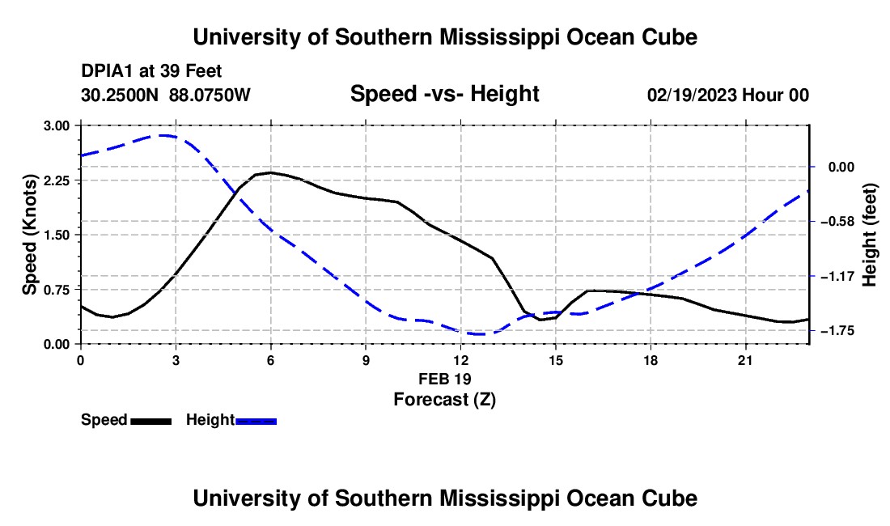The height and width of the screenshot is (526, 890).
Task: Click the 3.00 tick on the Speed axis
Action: click(56, 125)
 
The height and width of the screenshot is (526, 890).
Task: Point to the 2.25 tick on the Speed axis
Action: click(56, 180)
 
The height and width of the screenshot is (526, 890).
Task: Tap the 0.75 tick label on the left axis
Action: click(56, 290)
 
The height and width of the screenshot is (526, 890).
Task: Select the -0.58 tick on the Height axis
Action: click(837, 221)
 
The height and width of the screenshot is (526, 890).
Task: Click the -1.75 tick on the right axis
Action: click(837, 331)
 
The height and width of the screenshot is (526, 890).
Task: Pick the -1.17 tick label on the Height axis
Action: click(837, 276)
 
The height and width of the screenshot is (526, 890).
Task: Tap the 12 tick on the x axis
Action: click(460, 360)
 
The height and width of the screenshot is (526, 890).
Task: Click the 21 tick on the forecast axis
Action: click(744, 360)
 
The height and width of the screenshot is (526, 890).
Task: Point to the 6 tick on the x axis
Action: click(271, 360)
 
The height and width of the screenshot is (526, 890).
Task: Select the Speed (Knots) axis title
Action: click(29, 235)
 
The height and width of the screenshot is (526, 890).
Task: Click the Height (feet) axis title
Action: click(870, 235)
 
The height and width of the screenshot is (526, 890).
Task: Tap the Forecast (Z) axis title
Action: click(445, 400)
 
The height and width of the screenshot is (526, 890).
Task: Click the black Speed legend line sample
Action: click(151, 422)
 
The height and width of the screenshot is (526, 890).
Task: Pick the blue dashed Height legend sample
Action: click(256, 422)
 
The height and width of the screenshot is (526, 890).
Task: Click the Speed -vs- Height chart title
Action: click(444, 94)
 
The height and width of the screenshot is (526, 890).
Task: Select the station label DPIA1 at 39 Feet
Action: click(151, 71)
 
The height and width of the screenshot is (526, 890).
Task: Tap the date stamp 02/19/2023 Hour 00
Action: click(728, 95)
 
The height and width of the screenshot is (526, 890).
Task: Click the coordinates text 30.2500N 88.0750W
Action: click(166, 95)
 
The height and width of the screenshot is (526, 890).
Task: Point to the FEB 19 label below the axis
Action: click(445, 379)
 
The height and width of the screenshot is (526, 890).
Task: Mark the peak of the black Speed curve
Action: click(270, 172)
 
